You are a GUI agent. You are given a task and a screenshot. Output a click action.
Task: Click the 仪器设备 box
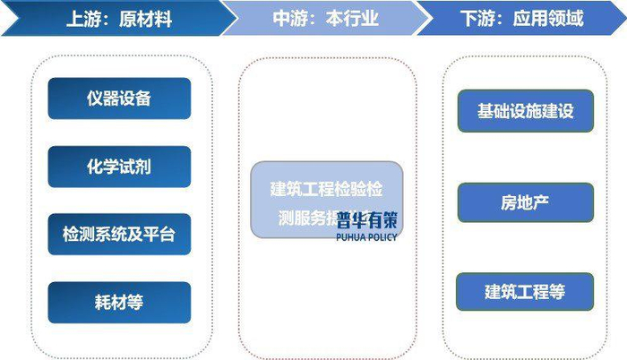pyautogui.click(x=119, y=99)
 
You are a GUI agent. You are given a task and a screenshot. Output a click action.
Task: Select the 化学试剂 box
pyautogui.click(x=119, y=167)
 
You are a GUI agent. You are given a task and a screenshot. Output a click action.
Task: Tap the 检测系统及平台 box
pyautogui.click(x=119, y=235)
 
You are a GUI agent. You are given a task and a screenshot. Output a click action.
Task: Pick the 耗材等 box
pyautogui.click(x=119, y=303)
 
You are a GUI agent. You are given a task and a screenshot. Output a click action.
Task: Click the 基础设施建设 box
pyautogui.click(x=525, y=111)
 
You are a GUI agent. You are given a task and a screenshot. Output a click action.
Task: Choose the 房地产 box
pyautogui.click(x=525, y=201)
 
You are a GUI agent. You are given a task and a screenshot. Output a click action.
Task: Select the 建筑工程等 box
pyautogui.click(x=525, y=292)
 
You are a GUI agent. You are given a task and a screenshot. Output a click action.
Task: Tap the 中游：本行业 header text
pyautogui.click(x=325, y=18)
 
